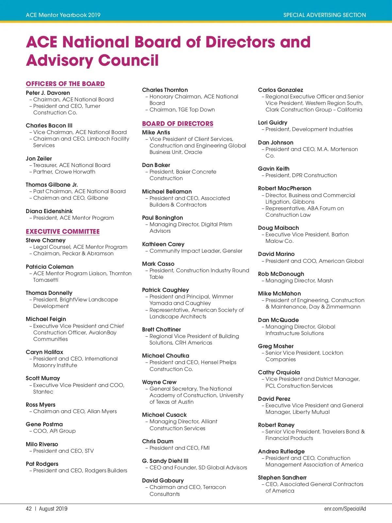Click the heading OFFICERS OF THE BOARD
click(65, 84)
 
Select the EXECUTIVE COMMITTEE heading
click(63, 231)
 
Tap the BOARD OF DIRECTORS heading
click(178, 124)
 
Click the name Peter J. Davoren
click(48, 93)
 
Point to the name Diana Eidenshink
click(49, 211)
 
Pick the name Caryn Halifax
click(44, 352)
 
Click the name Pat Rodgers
click(42, 464)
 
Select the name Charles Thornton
click(165, 90)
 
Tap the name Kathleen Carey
click(163, 244)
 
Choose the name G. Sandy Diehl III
click(165, 461)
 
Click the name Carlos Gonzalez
click(281, 90)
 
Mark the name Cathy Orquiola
click(279, 372)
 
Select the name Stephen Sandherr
click(282, 478)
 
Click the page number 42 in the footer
click(29, 509)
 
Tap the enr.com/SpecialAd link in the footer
click(345, 509)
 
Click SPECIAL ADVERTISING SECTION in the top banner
click(324, 15)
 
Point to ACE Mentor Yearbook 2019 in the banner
click(63, 15)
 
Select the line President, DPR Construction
click(301, 176)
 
